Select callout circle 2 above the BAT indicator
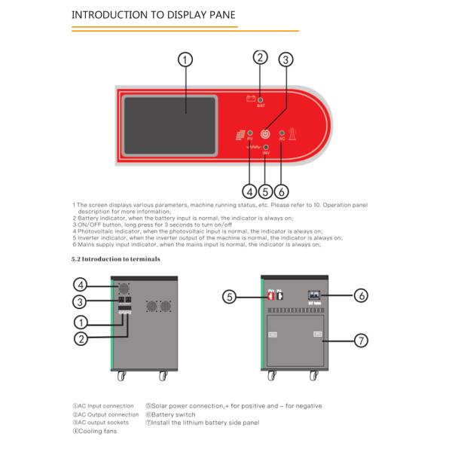tap(260, 57)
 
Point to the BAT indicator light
tap(261, 99)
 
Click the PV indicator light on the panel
tap(250, 133)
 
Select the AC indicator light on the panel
tap(282, 133)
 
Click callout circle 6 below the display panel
tap(282, 191)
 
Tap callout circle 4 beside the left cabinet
tap(81, 285)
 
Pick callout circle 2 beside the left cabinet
tap(81, 338)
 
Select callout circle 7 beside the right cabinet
tap(362, 341)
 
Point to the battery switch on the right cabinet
tap(314, 296)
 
